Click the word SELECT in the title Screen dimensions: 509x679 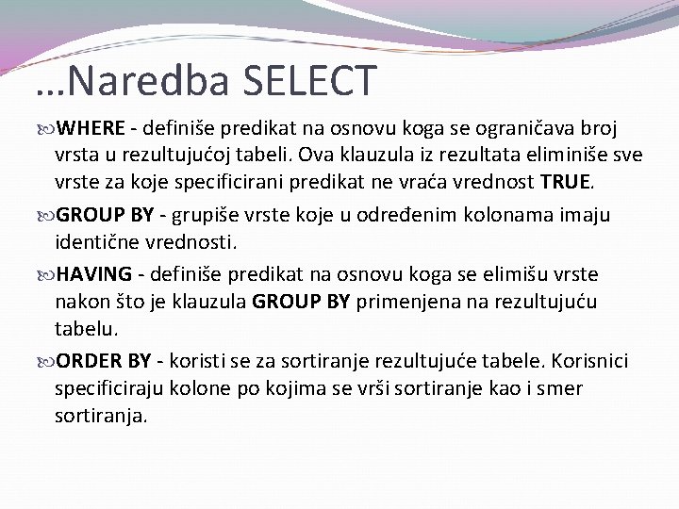tap(310, 81)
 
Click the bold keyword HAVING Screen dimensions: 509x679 tap(93, 273)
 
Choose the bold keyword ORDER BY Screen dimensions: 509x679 tap(105, 362)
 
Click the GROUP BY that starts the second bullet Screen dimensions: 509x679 tap(105, 216)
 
